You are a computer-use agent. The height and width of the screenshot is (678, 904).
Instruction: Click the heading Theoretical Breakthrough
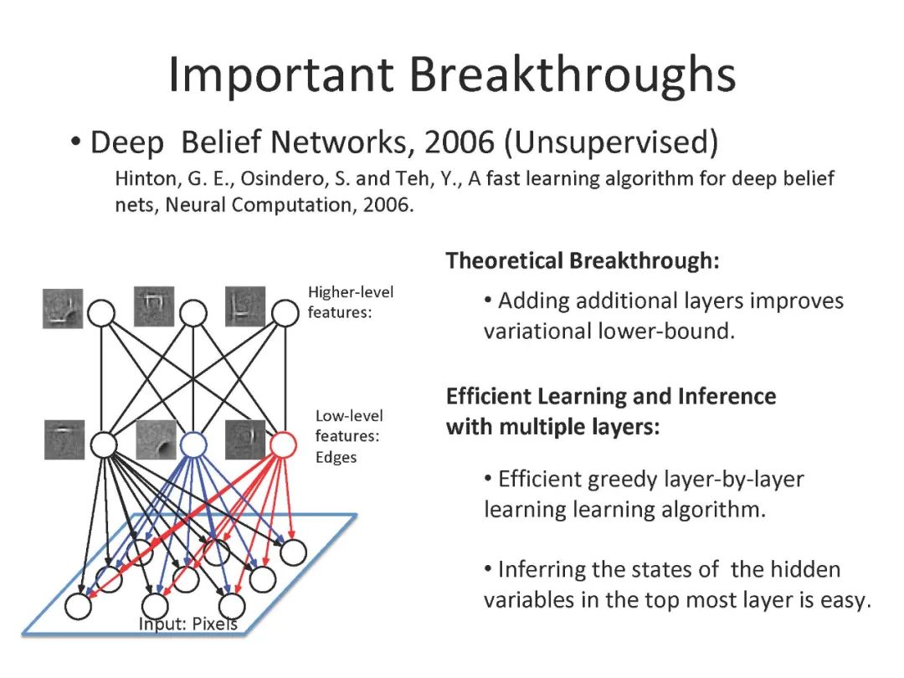[x=583, y=260]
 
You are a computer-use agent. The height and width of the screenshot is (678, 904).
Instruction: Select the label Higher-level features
[x=350, y=301]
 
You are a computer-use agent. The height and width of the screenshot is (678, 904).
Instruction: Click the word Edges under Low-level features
[x=336, y=457]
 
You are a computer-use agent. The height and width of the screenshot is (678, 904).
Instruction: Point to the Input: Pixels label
[x=187, y=624]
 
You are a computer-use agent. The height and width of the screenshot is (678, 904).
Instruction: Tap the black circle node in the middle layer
[x=102, y=444]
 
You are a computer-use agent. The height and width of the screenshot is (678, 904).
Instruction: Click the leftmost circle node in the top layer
[x=102, y=313]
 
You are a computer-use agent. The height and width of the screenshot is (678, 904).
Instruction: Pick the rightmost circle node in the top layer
[x=285, y=313]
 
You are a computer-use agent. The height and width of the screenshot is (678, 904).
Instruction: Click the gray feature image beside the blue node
[x=156, y=439]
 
